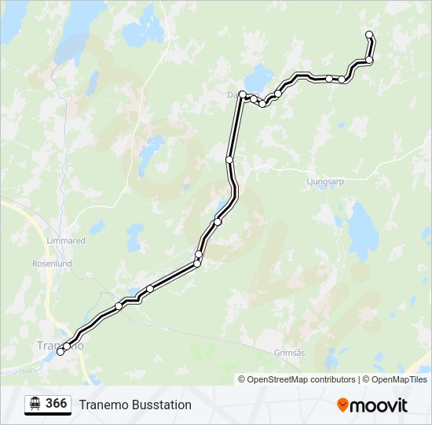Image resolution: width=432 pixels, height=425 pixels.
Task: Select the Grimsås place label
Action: (290, 353)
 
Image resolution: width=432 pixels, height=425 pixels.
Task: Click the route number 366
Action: (56, 404)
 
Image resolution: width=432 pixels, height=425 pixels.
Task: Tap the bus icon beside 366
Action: (35, 404)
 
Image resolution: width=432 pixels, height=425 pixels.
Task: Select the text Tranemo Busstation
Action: (135, 405)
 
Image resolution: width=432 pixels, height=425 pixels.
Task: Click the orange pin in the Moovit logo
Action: (343, 405)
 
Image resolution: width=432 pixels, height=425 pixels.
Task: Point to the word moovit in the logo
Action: (379, 405)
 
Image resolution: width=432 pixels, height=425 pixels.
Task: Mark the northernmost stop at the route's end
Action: (369, 34)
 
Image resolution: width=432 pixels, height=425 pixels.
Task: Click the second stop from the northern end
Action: (369, 60)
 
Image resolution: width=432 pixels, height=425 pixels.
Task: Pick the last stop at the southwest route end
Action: (60, 352)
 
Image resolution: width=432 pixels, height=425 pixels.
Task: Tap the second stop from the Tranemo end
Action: (67, 346)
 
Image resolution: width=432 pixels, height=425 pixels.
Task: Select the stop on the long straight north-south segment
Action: (229, 160)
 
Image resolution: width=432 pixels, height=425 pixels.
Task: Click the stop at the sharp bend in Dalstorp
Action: (243, 94)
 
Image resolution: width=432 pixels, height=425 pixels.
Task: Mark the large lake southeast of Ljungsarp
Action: (364, 227)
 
